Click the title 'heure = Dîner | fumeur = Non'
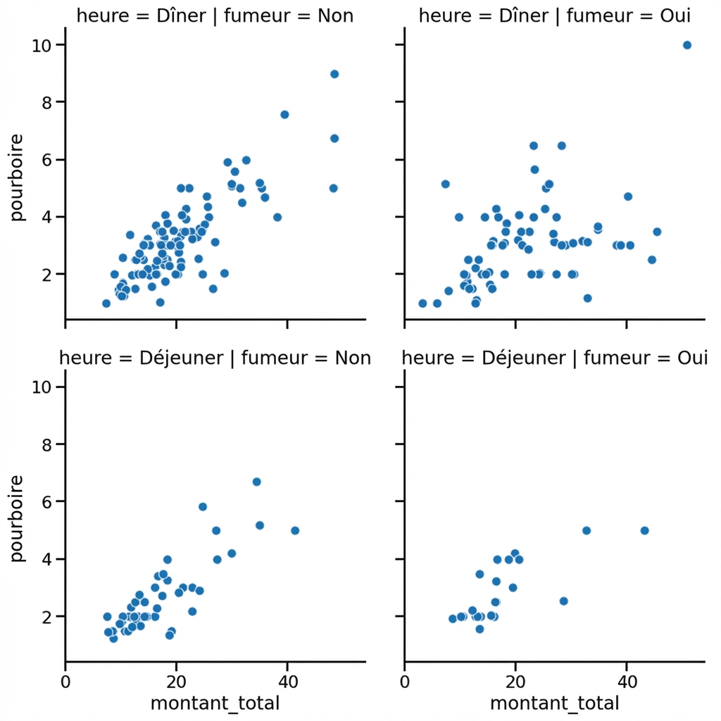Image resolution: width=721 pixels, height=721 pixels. tap(215, 15)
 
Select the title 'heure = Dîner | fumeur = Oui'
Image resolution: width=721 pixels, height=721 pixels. tap(554, 15)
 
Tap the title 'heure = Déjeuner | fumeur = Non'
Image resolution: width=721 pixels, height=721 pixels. tap(215, 358)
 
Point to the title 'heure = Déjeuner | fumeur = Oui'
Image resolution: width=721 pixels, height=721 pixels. tap(554, 358)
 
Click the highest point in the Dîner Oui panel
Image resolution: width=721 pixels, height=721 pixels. tap(687, 45)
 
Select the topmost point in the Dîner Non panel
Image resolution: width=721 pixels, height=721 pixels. tap(334, 74)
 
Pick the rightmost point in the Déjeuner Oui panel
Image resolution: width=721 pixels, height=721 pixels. tap(644, 530)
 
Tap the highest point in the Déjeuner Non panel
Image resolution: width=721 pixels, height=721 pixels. tap(257, 482)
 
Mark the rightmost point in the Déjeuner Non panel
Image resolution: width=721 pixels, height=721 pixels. tap(295, 530)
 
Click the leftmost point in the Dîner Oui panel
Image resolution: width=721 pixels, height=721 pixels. tap(422, 303)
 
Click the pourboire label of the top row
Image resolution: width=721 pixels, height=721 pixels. tap(18, 177)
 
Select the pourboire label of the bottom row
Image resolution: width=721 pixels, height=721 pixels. tap(18, 519)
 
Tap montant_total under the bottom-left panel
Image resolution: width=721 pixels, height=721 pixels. tap(215, 703)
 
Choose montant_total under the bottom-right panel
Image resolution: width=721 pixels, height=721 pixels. tap(554, 703)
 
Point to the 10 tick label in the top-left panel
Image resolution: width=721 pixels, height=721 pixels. tap(41, 45)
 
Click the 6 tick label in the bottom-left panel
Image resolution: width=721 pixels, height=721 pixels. tap(45, 502)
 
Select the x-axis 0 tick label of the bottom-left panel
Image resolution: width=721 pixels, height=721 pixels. tap(65, 682)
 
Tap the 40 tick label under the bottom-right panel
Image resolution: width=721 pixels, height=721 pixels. tap(626, 682)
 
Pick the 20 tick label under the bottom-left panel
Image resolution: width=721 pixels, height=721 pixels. tap(176, 682)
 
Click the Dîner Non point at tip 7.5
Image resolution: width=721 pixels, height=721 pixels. tap(284, 115)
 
